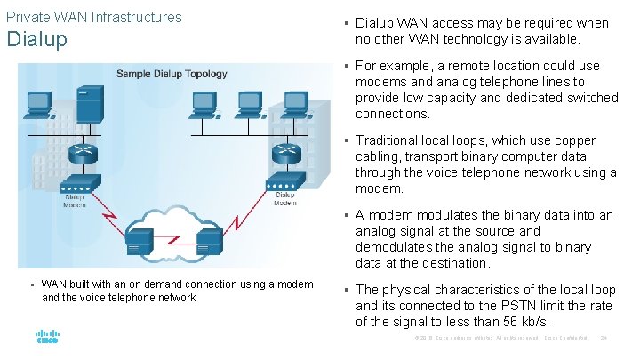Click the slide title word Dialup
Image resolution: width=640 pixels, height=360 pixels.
[36, 39]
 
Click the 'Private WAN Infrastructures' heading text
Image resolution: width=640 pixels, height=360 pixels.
[93, 17]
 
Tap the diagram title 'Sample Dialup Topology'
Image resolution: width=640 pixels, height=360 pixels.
[172, 74]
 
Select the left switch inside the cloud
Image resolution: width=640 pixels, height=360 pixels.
[140, 240]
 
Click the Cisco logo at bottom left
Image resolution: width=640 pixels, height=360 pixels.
[47, 338]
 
